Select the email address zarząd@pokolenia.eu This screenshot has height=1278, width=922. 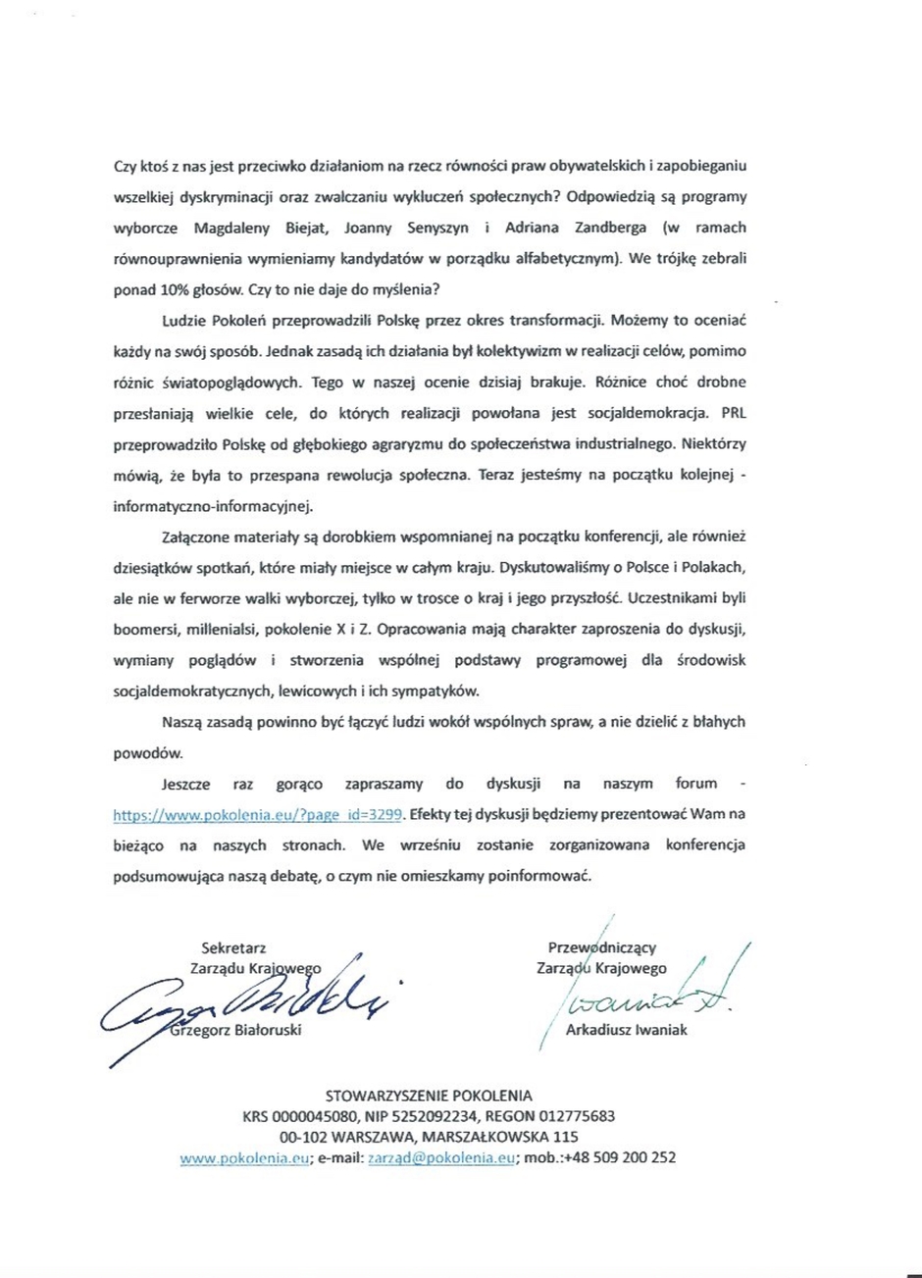click(x=441, y=1157)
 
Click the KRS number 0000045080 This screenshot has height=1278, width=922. click(x=320, y=1115)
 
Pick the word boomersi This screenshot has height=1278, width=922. click(x=150, y=627)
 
